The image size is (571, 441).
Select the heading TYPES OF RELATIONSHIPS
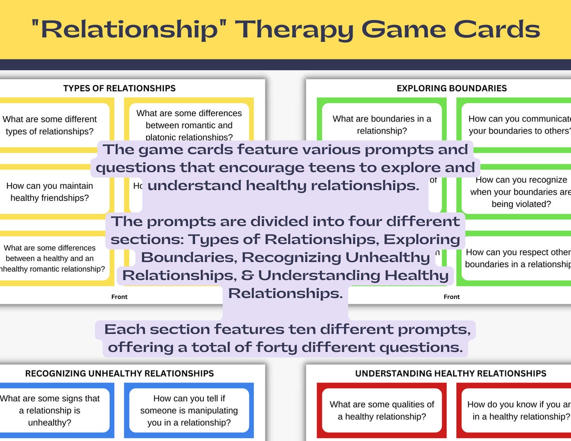point(119,88)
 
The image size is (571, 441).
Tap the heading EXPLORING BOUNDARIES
point(451,88)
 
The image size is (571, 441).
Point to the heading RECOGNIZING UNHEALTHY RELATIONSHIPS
point(119,373)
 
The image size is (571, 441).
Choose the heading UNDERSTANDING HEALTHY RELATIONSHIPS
point(450,373)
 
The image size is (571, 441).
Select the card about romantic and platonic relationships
point(189,123)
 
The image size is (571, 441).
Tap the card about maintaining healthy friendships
point(50,192)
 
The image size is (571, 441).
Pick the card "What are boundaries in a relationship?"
point(382,125)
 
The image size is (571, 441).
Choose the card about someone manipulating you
point(189,410)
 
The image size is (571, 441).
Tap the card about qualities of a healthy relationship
point(382,410)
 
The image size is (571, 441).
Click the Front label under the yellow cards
point(119,297)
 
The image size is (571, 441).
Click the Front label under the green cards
point(451,297)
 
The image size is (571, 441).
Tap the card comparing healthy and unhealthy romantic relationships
point(50,258)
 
